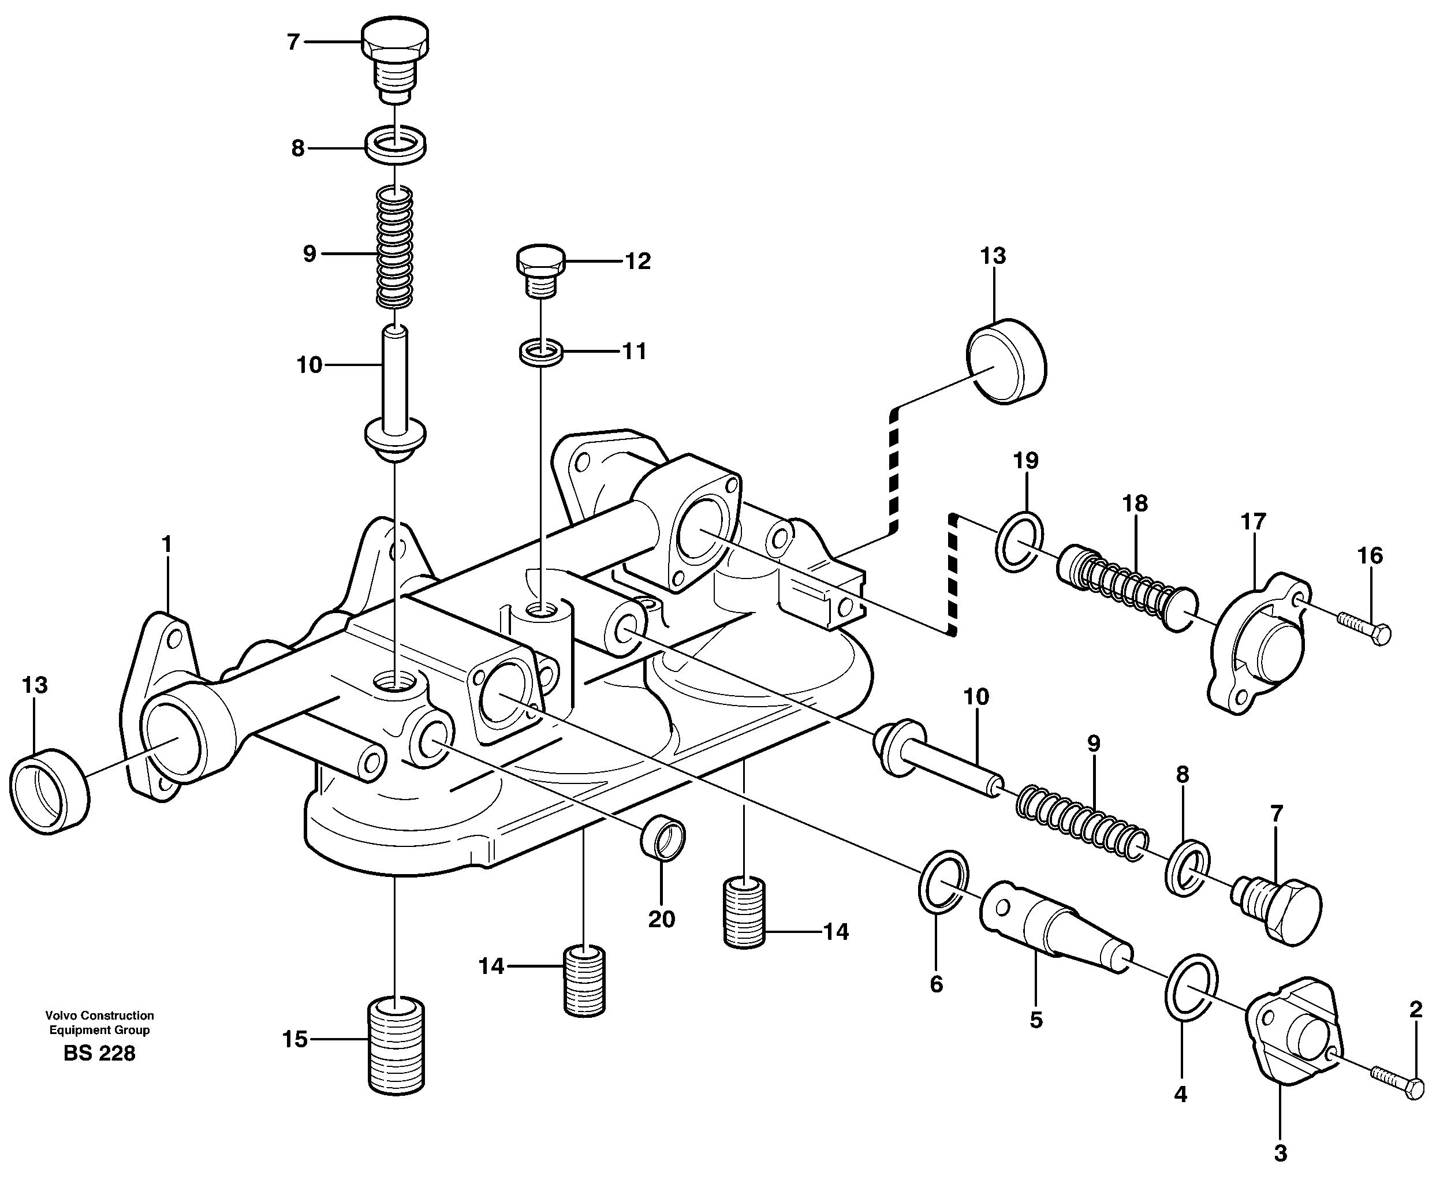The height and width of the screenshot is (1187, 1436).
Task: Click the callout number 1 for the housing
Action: pos(166,544)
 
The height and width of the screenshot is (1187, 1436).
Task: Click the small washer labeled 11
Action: pos(540,354)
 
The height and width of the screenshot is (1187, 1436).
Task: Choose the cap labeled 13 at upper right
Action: pos(1006,361)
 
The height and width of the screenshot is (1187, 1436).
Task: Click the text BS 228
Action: pos(99,1054)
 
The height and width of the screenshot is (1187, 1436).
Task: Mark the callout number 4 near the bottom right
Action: pos(1180,1095)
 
